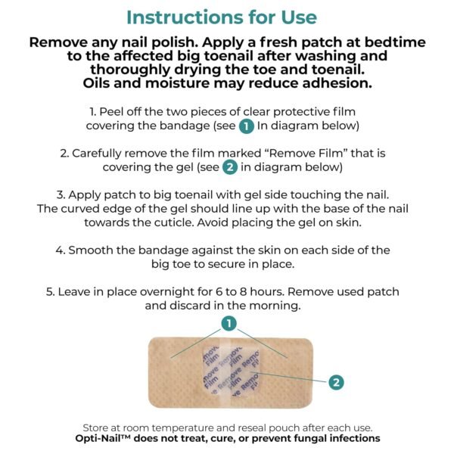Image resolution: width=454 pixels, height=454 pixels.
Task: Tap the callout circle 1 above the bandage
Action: point(227,324)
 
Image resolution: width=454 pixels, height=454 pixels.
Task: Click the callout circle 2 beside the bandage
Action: point(335,382)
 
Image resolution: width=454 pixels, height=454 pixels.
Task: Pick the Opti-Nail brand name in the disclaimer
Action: point(104,438)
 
